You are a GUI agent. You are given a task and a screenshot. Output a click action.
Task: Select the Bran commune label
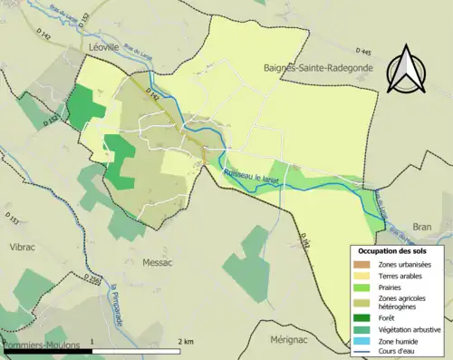(x=421, y=225)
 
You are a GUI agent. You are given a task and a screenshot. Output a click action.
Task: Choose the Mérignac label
(x=291, y=338)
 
